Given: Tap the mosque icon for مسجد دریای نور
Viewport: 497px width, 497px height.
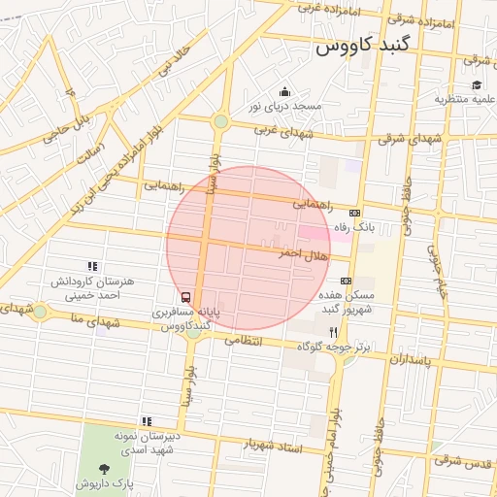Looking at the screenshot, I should (x=284, y=91).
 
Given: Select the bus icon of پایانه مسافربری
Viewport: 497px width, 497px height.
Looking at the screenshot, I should (x=185, y=297).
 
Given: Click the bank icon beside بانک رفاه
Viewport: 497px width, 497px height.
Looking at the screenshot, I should (x=354, y=214).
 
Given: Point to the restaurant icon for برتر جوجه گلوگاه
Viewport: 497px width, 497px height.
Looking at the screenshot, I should (x=334, y=331).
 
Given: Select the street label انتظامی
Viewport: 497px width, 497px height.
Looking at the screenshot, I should (x=244, y=341).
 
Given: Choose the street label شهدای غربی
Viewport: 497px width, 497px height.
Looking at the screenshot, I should (x=283, y=130).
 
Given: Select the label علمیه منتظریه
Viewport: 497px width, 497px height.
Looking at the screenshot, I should (x=465, y=99).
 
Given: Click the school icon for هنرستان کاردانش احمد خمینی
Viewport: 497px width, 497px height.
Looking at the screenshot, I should (x=92, y=265).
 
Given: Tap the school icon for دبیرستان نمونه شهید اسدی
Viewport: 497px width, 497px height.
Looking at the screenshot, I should (x=146, y=421).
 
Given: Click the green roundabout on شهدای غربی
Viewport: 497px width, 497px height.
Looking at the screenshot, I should (x=221, y=121).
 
